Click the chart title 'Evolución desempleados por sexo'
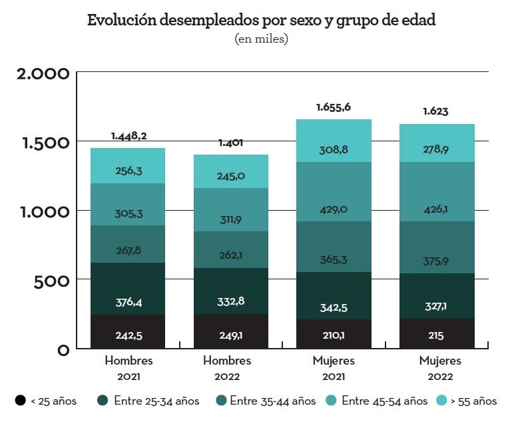click(261, 20)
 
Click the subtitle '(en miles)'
click(261, 39)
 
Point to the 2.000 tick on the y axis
click(43, 73)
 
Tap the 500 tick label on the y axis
click(53, 281)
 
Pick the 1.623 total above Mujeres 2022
click(435, 111)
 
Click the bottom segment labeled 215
click(435, 334)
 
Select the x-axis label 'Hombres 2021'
click(128, 368)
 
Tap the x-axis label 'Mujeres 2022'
click(440, 368)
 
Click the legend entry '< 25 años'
click(46, 401)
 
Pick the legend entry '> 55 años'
click(467, 401)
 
